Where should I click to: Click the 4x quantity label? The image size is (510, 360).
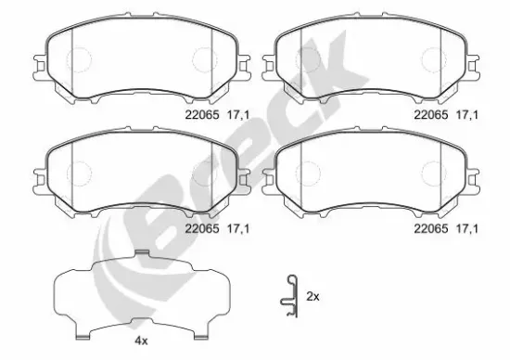click(x=141, y=341)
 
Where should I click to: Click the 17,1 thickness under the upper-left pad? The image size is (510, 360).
click(x=236, y=116)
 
